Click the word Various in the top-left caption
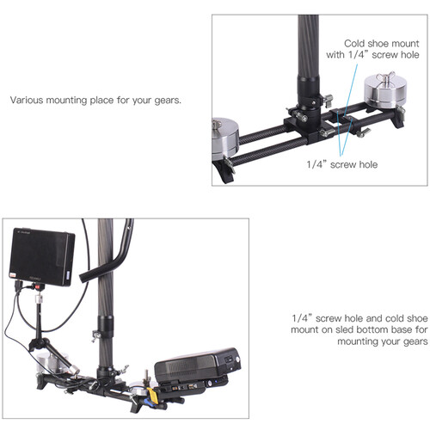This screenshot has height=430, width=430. pos(27,100)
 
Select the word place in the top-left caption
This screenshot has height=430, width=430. pos(101,101)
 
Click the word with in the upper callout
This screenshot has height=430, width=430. pos(335,55)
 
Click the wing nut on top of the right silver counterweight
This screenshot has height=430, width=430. pos(385,77)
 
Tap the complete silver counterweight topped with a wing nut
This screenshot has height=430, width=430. pos(385,91)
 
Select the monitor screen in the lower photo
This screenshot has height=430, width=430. pos(42,256)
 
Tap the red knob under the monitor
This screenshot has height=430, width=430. pos(37,286)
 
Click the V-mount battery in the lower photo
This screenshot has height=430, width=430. pos(198,364)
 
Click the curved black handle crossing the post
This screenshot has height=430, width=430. pos(109,252)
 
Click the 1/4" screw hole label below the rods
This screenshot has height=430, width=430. pos(341,164)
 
